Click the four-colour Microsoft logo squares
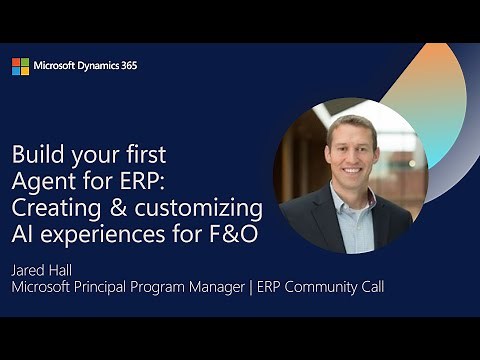click(x=20, y=66)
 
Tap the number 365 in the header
click(x=128, y=66)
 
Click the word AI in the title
click(x=23, y=235)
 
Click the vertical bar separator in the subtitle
click(x=261, y=288)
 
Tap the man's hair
click(x=350, y=125)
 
